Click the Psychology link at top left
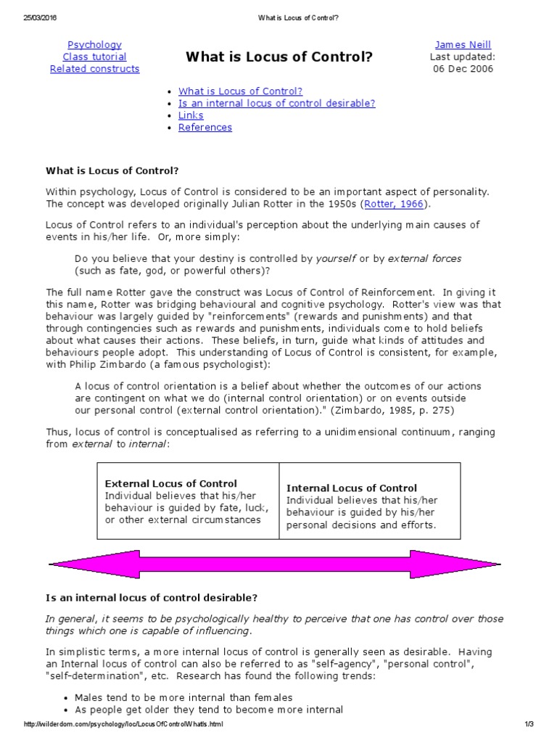[x=94, y=45]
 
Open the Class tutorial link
[x=94, y=57]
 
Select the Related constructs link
[x=94, y=69]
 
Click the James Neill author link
[x=463, y=45]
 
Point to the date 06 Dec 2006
[x=463, y=69]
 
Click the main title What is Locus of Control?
[x=279, y=57]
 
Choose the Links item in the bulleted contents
[x=191, y=115]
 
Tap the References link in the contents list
[x=205, y=128]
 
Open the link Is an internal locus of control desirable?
[x=276, y=103]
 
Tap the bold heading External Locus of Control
[x=171, y=483]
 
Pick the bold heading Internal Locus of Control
[x=352, y=488]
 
